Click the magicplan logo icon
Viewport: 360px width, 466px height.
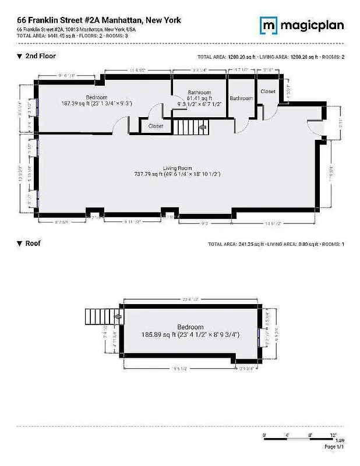268,25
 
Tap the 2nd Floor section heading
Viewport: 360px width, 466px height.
40,56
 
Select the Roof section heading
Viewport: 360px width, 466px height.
33,243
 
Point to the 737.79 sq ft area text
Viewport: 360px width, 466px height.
177,174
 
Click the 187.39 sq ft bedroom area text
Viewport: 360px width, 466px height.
97,103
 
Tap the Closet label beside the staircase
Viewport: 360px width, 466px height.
156,126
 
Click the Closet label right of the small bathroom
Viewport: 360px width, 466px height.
267,91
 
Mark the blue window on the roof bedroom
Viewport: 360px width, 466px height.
259,338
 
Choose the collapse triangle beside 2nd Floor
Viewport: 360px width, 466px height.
19,57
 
